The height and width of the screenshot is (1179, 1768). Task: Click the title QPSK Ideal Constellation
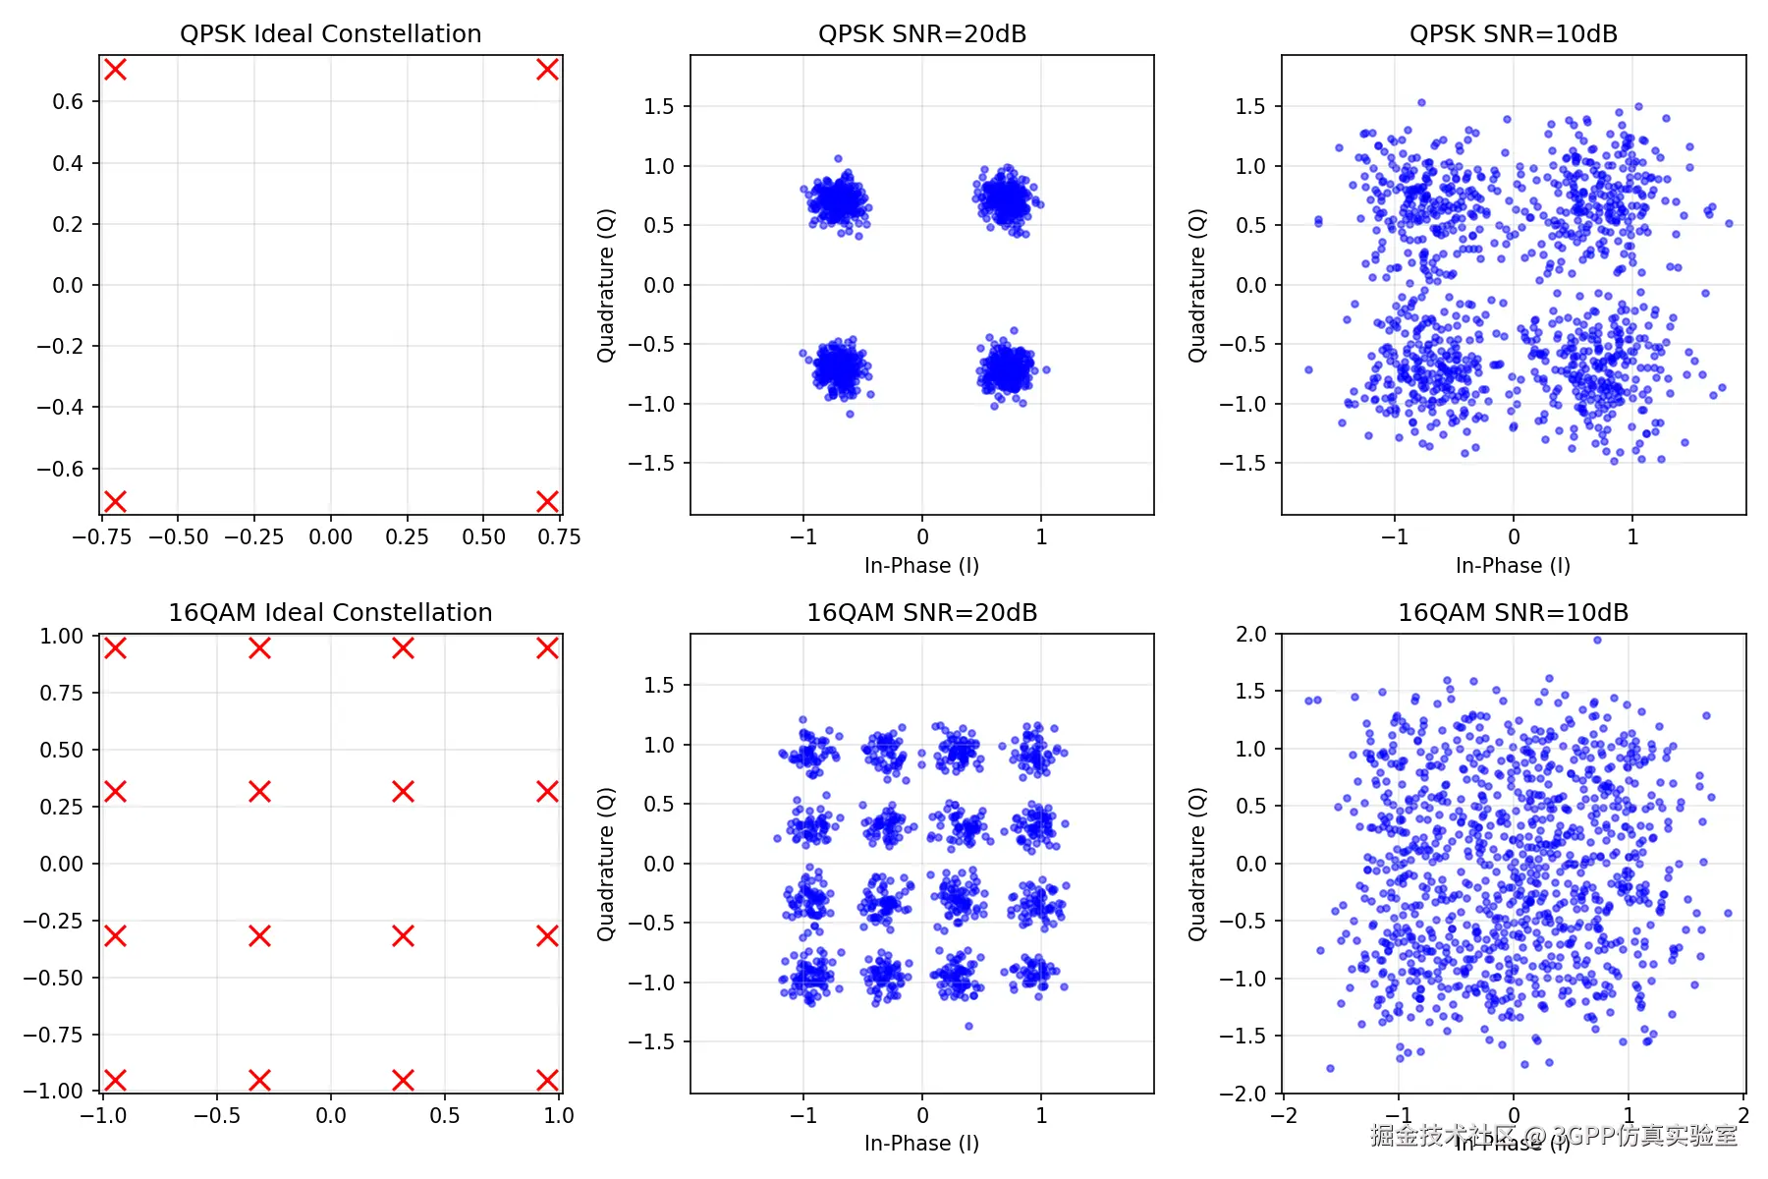coord(330,34)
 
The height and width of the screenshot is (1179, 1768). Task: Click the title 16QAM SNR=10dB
coord(1513,613)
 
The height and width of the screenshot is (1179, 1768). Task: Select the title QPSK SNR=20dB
coord(921,34)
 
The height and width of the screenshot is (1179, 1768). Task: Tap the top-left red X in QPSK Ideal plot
coord(115,69)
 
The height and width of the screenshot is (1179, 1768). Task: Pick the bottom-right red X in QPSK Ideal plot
coord(547,501)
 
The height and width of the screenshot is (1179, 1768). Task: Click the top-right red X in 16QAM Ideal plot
coord(547,647)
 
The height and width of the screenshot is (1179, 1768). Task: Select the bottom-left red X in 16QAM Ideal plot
coord(115,1080)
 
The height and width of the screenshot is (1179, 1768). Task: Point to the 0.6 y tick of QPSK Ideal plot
coord(68,101)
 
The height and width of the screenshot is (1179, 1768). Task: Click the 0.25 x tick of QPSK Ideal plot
coord(407,537)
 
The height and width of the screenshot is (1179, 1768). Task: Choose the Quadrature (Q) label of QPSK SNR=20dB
coord(606,285)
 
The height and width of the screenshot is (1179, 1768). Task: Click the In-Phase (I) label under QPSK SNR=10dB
coord(1513,566)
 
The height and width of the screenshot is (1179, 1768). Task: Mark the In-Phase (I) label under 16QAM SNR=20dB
coord(921,1144)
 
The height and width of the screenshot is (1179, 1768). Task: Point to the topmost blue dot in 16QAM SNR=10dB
coord(1597,640)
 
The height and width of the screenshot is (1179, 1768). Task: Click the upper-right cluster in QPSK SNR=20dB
coord(1007,200)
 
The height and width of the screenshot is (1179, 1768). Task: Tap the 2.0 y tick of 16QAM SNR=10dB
coord(1250,634)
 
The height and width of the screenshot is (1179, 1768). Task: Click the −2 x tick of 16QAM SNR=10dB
coord(1284,1116)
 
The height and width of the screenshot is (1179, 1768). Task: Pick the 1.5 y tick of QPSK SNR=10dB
coord(1250,106)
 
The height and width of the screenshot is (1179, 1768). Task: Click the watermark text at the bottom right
coord(1554,1136)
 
